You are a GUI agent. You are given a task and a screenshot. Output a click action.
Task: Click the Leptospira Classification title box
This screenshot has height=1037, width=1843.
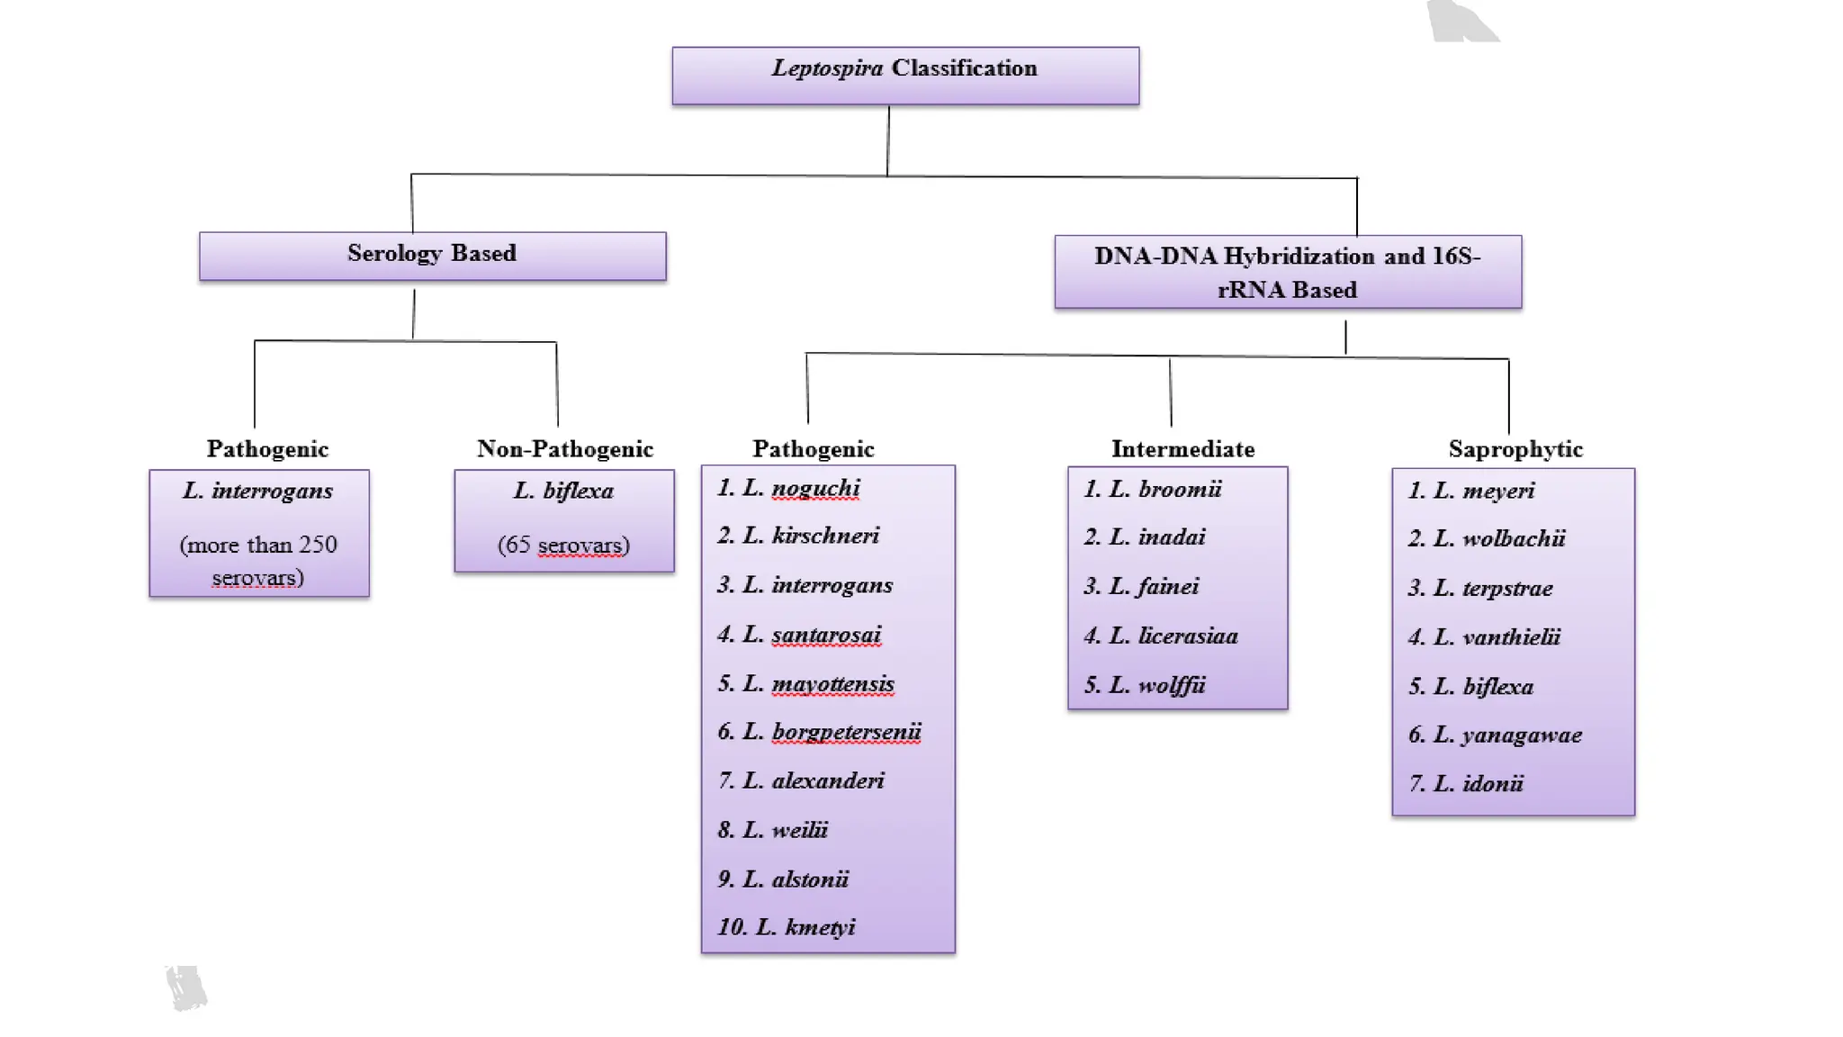pyautogui.click(x=904, y=76)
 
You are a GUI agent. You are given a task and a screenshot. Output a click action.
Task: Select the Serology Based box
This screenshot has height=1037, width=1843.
pyautogui.click(x=432, y=256)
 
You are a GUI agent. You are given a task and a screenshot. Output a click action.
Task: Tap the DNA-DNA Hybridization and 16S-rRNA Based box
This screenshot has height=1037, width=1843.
pyautogui.click(x=1287, y=272)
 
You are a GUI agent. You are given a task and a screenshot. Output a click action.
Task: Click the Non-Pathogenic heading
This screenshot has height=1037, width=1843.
pyautogui.click(x=564, y=448)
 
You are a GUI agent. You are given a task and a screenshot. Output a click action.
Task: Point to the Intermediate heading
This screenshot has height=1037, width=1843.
pyautogui.click(x=1182, y=448)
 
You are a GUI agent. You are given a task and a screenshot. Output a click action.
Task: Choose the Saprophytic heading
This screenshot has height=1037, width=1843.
pyautogui.click(x=1515, y=448)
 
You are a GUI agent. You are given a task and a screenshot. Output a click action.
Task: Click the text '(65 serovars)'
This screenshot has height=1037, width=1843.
pyautogui.click(x=563, y=545)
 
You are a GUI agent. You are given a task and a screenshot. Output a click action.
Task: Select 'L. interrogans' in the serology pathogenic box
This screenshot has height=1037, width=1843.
pyautogui.click(x=258, y=491)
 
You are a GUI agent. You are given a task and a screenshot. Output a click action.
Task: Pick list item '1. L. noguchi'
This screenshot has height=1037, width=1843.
pyautogui.click(x=788, y=488)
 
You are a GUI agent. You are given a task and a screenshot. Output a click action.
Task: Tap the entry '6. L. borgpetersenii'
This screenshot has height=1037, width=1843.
pyautogui.click(x=819, y=731)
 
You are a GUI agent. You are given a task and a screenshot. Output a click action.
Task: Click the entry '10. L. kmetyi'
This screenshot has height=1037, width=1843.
pyautogui.click(x=786, y=926)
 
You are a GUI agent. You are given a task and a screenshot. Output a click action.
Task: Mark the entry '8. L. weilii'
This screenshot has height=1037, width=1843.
pyautogui.click(x=772, y=829)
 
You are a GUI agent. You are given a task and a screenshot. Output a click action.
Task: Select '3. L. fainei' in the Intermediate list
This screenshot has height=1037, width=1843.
pyautogui.click(x=1141, y=586)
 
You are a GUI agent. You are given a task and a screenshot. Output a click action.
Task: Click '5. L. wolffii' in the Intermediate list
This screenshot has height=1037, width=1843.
pyautogui.click(x=1144, y=685)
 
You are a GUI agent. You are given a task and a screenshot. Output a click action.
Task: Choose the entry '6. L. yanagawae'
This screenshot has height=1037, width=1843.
pyautogui.click(x=1495, y=735)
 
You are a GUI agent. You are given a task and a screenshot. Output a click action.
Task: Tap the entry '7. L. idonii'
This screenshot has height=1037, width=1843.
pyautogui.click(x=1466, y=783)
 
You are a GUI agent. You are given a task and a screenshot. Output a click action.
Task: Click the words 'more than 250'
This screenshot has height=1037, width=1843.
pyautogui.click(x=258, y=545)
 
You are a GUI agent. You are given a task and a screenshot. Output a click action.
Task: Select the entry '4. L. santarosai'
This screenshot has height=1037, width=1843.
pyautogui.click(x=799, y=634)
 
